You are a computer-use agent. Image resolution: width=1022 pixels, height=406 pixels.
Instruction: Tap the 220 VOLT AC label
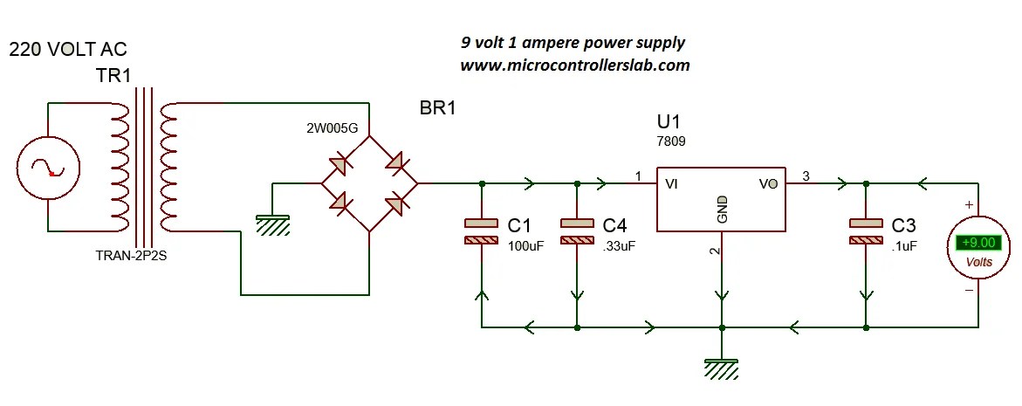[x=67, y=50]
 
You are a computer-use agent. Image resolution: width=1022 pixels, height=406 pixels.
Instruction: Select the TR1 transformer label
[x=113, y=77]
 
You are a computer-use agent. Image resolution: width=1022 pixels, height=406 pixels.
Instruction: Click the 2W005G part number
[x=333, y=128]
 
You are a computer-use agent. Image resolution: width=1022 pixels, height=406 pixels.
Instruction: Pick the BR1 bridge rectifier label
[x=438, y=110]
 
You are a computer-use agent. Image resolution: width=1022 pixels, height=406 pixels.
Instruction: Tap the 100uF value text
[x=525, y=246]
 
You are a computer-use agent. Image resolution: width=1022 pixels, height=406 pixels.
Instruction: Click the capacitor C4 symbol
[x=577, y=231]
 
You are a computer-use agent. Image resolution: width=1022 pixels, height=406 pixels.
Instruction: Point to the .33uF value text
[x=619, y=246]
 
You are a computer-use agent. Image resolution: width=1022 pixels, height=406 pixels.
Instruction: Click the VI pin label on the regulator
[x=672, y=184]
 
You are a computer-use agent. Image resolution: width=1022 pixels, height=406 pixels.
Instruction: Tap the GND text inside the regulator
[x=723, y=210]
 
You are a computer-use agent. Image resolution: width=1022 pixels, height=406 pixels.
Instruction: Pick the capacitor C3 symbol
[x=866, y=231]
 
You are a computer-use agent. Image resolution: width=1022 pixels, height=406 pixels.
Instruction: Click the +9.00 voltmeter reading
[x=976, y=244]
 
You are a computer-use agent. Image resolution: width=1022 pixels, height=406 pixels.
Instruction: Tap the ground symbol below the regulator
[x=721, y=368]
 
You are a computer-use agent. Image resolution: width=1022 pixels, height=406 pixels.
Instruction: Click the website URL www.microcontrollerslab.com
[x=574, y=65]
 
